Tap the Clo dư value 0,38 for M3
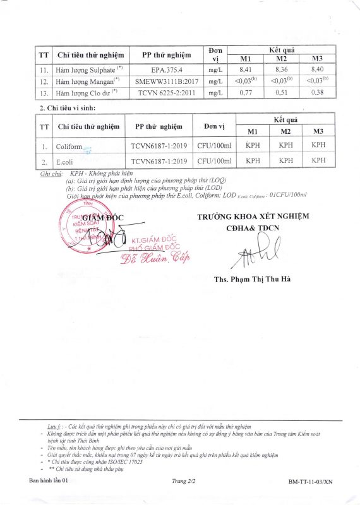pyautogui.click(x=318, y=92)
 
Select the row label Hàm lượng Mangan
pyautogui.click(x=86, y=81)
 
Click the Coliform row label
pyautogui.click(x=69, y=146)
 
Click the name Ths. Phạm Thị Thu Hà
pyautogui.click(x=253, y=278)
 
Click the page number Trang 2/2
pyautogui.click(x=183, y=481)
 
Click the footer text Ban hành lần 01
pyautogui.click(x=49, y=481)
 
